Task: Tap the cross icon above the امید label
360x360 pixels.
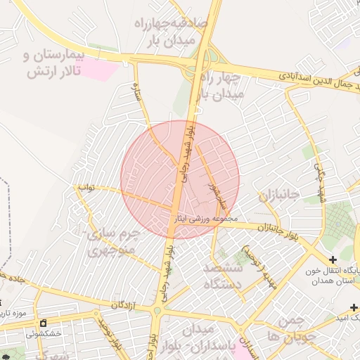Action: [354, 307]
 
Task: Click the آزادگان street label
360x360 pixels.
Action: [123, 305]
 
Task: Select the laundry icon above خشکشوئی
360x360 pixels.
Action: [43, 323]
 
